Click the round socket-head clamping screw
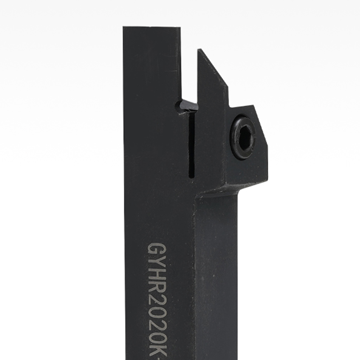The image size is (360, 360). tap(243, 137)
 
